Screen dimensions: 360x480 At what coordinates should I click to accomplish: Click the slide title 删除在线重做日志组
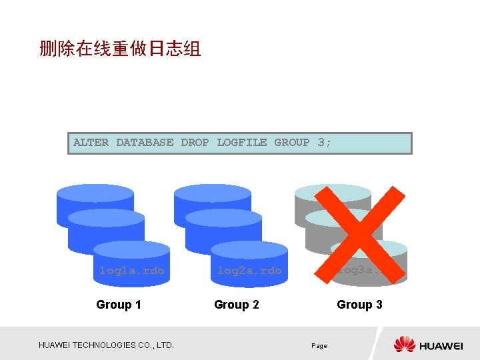coord(120,49)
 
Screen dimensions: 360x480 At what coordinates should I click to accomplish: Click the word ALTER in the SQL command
coord(91,143)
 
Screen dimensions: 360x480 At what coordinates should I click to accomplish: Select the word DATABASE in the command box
coord(145,143)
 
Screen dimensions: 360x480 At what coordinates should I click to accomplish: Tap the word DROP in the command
coord(195,143)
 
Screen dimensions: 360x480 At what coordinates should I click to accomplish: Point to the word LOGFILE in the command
coord(242,143)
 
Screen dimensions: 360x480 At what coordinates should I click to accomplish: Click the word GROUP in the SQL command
coord(292,143)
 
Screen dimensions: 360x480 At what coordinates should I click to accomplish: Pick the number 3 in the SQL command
coord(321,143)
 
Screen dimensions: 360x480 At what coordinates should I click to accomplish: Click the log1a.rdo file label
coord(131,271)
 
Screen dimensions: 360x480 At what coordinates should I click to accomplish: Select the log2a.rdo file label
coord(249,271)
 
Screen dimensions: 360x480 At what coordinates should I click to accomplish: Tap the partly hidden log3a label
coord(360,271)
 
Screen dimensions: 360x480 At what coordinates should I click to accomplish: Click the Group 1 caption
coord(119,305)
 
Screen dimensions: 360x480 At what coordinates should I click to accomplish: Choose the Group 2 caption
coord(236,305)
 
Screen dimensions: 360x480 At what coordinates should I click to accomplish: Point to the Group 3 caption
coord(359,305)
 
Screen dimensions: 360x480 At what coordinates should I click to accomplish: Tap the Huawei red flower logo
coord(405,345)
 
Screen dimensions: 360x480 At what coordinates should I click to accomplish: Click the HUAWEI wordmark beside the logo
coord(441,345)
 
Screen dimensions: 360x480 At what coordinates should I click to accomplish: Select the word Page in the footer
coord(319,346)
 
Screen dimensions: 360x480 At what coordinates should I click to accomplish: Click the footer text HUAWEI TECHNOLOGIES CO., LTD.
coord(107,345)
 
